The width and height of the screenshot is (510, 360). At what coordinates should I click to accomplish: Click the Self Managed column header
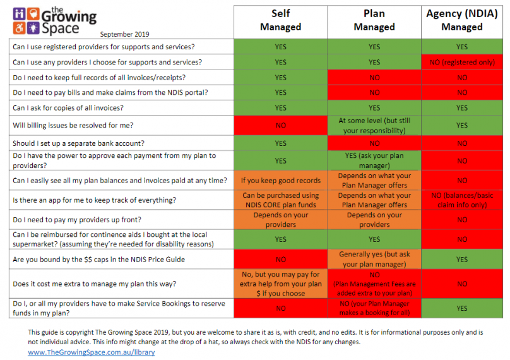(x=281, y=20)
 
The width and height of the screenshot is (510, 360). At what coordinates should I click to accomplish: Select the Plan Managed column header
(x=374, y=20)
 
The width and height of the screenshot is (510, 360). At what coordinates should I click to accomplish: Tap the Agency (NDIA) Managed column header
(x=462, y=20)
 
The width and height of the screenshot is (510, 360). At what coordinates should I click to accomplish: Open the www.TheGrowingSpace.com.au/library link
(x=91, y=352)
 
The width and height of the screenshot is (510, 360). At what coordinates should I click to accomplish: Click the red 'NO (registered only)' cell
(x=462, y=62)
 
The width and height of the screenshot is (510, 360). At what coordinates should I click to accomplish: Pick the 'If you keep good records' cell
(x=281, y=181)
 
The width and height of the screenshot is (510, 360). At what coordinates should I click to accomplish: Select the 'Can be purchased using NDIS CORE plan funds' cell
(x=281, y=200)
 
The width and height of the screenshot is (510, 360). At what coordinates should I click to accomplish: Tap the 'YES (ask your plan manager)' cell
(x=374, y=160)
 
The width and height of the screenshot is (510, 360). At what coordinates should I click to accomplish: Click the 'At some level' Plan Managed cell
(x=374, y=126)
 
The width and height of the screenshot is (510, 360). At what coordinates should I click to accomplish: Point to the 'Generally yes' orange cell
(x=374, y=259)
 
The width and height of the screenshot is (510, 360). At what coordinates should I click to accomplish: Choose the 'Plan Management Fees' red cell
(x=374, y=284)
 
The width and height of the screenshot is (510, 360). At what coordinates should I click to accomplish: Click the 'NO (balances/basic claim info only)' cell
(x=462, y=200)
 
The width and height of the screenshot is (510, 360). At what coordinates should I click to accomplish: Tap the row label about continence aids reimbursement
(x=114, y=239)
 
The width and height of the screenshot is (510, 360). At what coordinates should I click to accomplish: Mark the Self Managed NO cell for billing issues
(x=281, y=126)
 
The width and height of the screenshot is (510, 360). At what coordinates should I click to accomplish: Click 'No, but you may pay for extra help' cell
(x=281, y=284)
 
